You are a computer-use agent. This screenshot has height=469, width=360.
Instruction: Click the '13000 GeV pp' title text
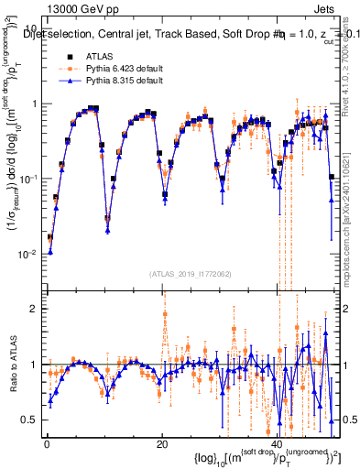(x=69, y=8)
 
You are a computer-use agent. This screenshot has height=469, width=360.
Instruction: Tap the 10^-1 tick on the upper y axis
(x=28, y=179)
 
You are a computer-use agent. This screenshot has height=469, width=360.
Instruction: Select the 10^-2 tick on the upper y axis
(x=28, y=254)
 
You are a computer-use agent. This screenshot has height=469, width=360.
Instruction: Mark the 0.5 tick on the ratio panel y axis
(x=31, y=420)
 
